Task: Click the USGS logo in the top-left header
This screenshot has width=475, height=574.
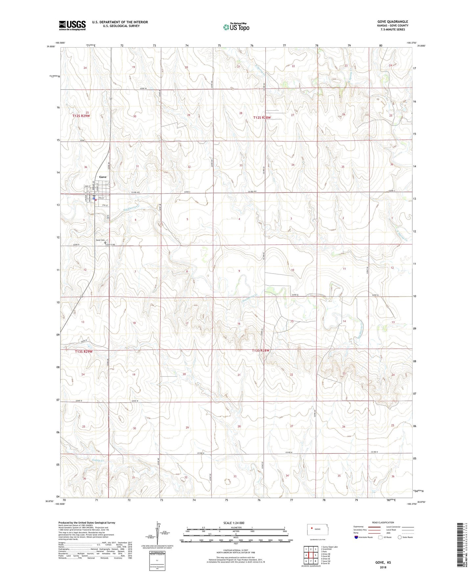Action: (x=72, y=25)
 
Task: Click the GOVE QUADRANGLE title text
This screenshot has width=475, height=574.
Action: (x=392, y=22)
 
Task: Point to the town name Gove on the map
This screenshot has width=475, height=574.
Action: (x=103, y=177)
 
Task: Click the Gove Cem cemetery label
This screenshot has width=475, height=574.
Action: (x=100, y=240)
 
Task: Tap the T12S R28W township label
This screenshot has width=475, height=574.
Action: (x=262, y=117)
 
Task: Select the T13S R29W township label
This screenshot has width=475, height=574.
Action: (x=83, y=351)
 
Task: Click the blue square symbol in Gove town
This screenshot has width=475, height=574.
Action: (x=94, y=199)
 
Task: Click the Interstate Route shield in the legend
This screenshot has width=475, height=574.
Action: (x=356, y=546)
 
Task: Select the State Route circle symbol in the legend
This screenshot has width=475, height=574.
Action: (x=400, y=546)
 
